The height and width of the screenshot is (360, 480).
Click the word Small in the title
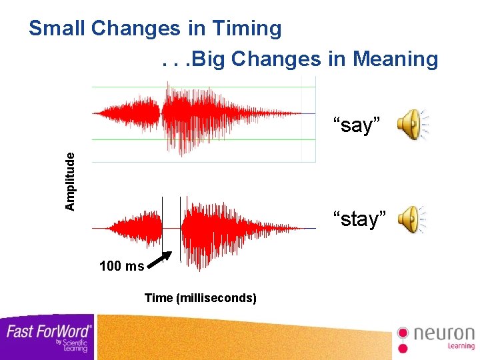[x=57, y=29]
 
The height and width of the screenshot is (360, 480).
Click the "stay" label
[x=360, y=219]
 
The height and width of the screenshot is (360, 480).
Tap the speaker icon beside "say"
[x=411, y=124]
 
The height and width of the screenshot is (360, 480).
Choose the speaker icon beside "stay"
[x=411, y=219]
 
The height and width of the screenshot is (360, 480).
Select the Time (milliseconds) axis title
[x=200, y=298]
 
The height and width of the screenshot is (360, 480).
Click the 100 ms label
[x=121, y=267]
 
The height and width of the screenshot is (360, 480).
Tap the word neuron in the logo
[x=443, y=333]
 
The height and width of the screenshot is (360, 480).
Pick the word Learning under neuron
[x=460, y=346]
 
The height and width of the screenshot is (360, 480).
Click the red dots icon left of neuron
[x=403, y=338]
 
